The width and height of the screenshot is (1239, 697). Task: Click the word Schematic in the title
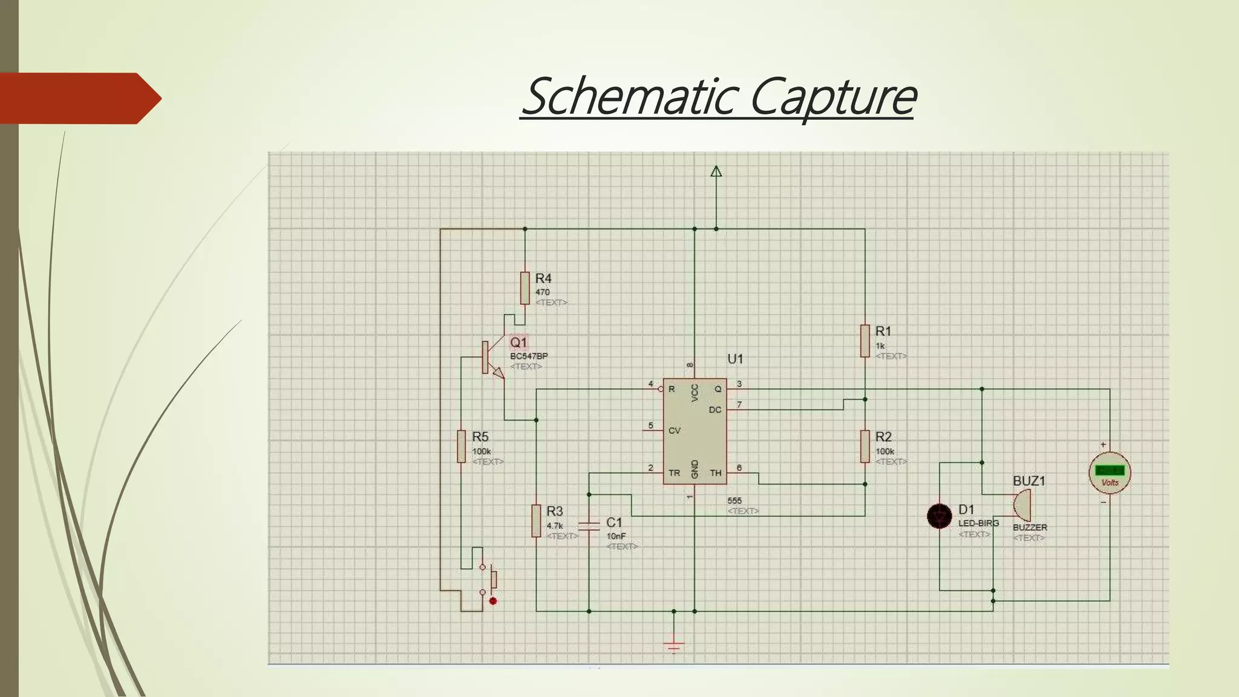tap(629, 97)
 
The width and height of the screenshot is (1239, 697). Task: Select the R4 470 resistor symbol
tap(525, 288)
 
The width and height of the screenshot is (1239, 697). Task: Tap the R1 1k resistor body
tap(865, 341)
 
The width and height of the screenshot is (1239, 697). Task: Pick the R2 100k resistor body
tap(865, 447)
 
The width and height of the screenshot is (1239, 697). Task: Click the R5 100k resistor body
tap(461, 447)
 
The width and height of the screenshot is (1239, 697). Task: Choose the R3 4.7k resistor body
tap(536, 520)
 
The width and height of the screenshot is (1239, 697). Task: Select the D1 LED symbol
tap(940, 516)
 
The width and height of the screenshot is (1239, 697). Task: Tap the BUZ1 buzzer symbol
tap(1022, 505)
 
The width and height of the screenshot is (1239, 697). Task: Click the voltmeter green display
tap(1110, 470)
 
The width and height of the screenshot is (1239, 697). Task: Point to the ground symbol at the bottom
tap(674, 646)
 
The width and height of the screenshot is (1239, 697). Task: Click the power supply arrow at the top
tap(716, 171)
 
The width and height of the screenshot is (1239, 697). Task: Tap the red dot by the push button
tap(493, 601)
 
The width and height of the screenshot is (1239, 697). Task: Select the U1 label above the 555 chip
tap(735, 359)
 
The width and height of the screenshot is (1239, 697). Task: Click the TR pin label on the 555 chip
tap(674, 473)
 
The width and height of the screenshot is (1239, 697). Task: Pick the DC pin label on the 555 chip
tap(714, 410)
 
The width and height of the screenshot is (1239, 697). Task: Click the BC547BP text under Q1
tap(529, 356)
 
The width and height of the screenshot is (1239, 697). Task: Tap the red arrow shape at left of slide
tap(79, 98)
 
